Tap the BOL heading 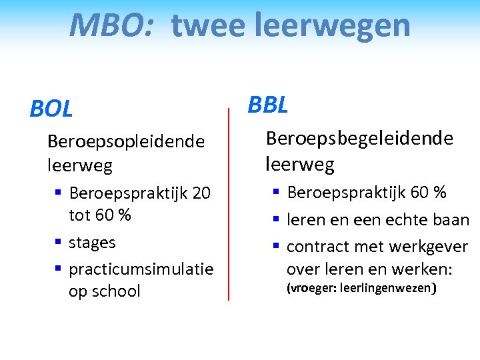click(51, 109)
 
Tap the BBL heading click(268, 105)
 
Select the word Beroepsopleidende click(126, 141)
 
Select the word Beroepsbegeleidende click(359, 138)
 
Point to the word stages click(92, 243)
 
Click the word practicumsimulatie click(141, 269)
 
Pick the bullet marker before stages click(59, 242)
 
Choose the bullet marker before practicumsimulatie click(59, 269)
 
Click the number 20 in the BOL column click(201, 193)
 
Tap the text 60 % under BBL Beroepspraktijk click(429, 193)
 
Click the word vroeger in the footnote click(311, 289)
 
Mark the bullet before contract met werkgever click(277, 246)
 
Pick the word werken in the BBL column click(426, 269)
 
